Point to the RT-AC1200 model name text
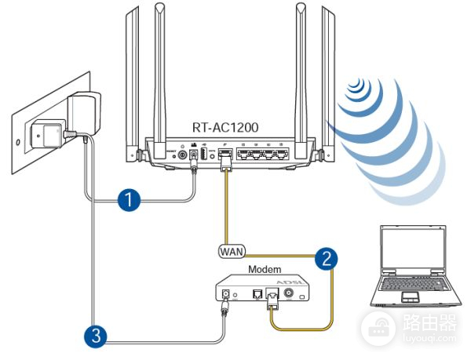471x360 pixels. point(225,126)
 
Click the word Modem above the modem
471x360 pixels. point(264,270)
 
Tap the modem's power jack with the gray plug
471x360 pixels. point(228,296)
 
